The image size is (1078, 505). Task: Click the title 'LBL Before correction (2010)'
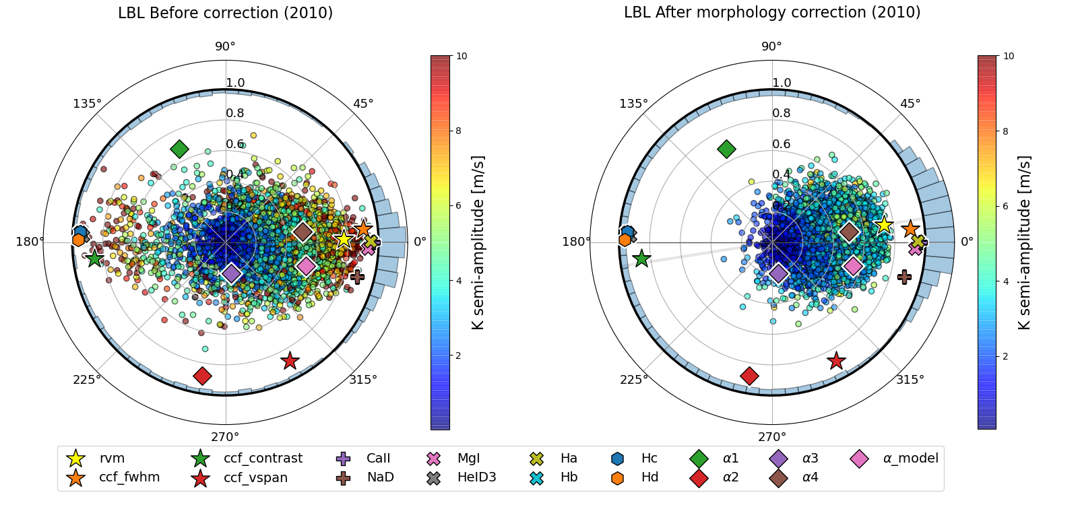click(x=225, y=13)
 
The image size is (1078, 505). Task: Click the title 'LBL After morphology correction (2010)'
click(x=772, y=13)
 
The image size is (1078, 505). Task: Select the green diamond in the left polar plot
click(x=179, y=149)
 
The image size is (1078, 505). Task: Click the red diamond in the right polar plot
click(x=749, y=376)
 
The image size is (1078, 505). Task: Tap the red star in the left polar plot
click(x=290, y=361)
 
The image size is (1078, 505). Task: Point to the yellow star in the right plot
click(x=883, y=225)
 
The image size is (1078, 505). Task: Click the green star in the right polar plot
click(x=641, y=258)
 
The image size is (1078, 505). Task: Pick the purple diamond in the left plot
click(x=231, y=273)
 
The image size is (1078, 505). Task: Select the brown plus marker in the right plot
click(x=905, y=276)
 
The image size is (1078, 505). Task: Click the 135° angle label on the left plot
click(x=87, y=104)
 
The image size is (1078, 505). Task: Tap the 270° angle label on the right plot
click(x=772, y=436)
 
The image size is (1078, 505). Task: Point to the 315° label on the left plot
click(x=363, y=380)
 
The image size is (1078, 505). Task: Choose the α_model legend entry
click(x=910, y=459)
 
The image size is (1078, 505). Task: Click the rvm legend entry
click(x=112, y=459)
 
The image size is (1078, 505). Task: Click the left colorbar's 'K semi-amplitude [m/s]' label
click(x=478, y=242)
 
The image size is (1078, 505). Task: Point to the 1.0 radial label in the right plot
click(x=782, y=83)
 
